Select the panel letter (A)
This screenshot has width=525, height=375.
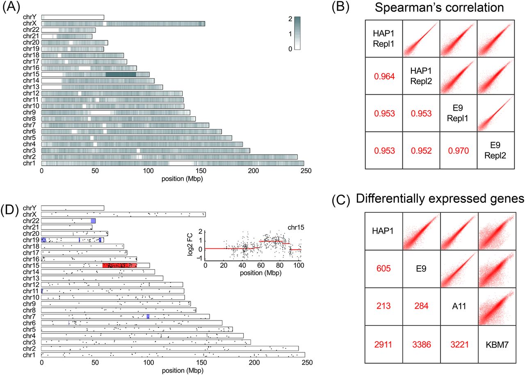[x=10, y=9]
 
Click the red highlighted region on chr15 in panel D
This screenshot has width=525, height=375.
[x=119, y=265]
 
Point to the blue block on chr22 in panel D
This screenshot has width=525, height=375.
[x=93, y=220]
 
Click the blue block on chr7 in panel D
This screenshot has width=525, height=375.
[x=148, y=316]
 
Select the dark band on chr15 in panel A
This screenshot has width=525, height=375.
[x=121, y=75]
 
